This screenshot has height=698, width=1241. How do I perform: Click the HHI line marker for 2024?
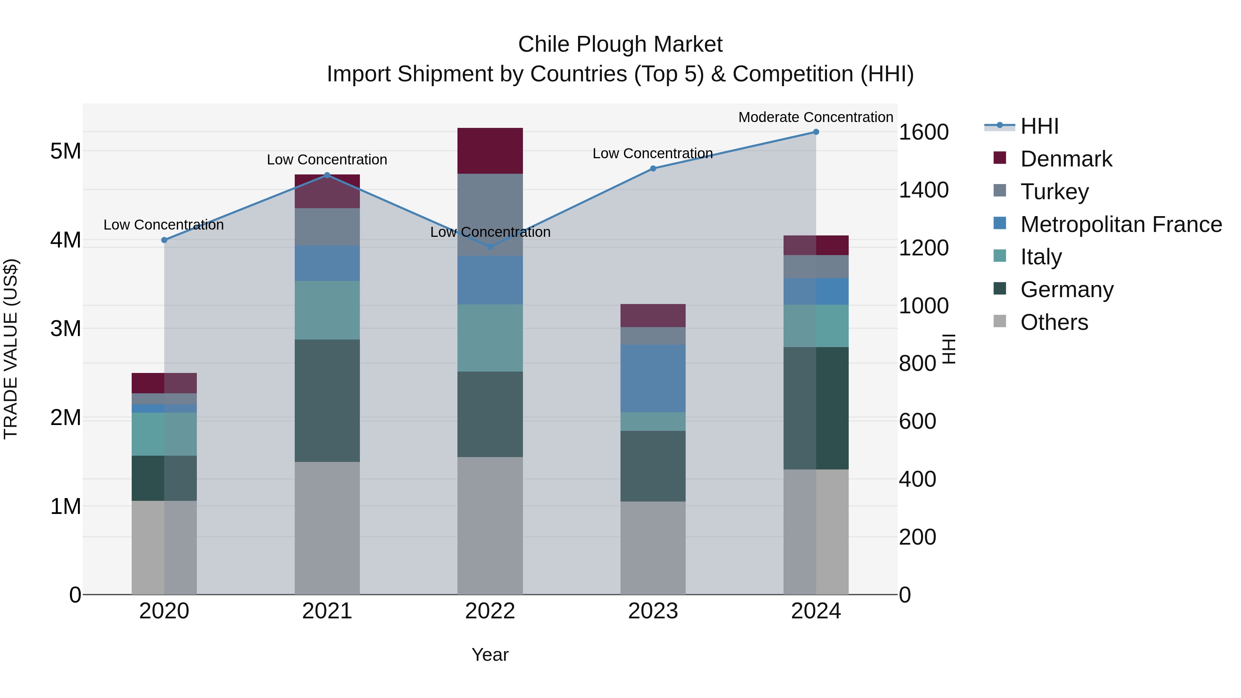click(816, 132)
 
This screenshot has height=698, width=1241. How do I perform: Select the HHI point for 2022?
click(490, 247)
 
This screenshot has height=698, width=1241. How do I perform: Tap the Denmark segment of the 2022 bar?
click(490, 150)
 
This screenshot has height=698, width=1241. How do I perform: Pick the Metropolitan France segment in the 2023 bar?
click(653, 378)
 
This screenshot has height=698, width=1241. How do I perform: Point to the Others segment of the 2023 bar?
click(653, 548)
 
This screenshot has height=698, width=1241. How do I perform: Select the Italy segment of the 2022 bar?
click(490, 338)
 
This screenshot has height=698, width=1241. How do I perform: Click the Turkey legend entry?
click(1054, 191)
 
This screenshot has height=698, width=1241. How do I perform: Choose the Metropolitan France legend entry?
click(1121, 224)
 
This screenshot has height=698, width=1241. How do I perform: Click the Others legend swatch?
click(1000, 321)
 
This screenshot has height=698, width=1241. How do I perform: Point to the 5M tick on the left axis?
click(65, 151)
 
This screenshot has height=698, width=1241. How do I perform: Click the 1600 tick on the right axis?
click(924, 132)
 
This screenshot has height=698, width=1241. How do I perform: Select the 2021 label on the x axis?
click(327, 611)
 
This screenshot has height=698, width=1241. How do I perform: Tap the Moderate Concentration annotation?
click(816, 117)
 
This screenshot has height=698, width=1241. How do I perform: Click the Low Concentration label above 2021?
click(327, 160)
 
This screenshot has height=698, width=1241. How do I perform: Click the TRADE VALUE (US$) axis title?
click(11, 349)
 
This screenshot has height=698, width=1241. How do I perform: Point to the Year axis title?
click(490, 655)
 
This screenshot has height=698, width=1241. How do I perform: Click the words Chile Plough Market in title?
click(620, 44)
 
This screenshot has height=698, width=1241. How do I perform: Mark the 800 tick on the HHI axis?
click(917, 363)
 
